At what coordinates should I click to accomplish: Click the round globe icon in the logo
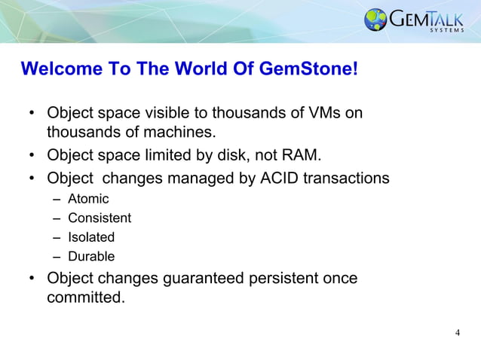375,20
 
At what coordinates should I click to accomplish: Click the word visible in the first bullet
179,114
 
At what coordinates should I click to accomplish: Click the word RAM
301,156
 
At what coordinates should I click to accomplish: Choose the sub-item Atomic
88,199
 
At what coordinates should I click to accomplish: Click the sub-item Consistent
100,218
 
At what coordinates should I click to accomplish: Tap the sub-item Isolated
91,236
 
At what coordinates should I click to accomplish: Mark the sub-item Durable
91,256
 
